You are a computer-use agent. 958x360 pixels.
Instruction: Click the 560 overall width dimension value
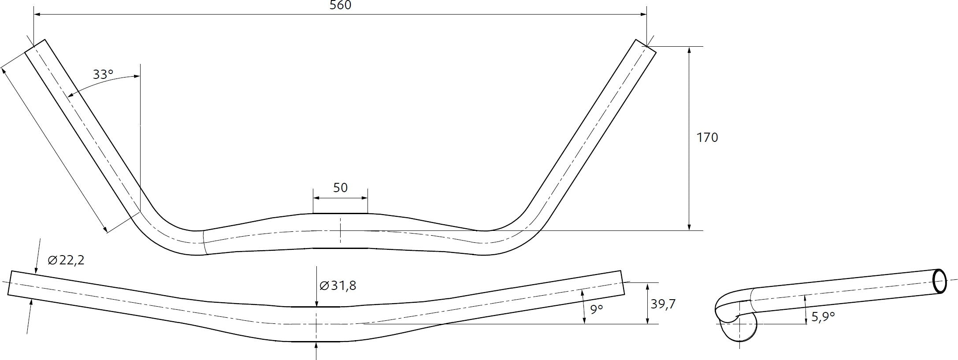point(340,5)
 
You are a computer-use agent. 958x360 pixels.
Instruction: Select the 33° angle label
point(103,74)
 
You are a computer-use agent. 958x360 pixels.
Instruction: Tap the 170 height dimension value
point(707,137)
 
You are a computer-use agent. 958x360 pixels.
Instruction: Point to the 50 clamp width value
point(340,188)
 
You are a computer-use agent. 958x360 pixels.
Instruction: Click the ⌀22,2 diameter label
point(66,260)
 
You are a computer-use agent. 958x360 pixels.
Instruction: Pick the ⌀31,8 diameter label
point(338,286)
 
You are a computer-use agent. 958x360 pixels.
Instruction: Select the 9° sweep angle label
point(596,309)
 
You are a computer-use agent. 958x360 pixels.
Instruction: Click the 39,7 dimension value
point(663,304)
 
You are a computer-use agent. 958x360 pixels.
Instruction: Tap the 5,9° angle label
point(823,316)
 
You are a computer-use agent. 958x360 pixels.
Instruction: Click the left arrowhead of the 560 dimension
point(38,15)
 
